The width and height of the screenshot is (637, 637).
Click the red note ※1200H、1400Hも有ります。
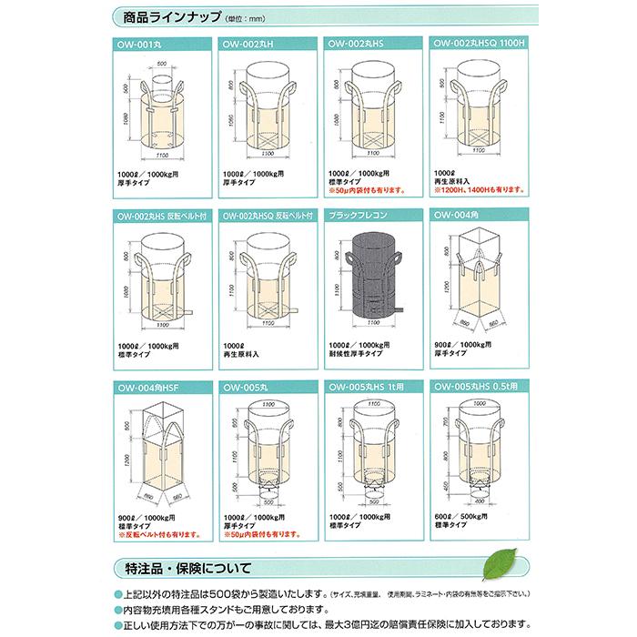479,189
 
